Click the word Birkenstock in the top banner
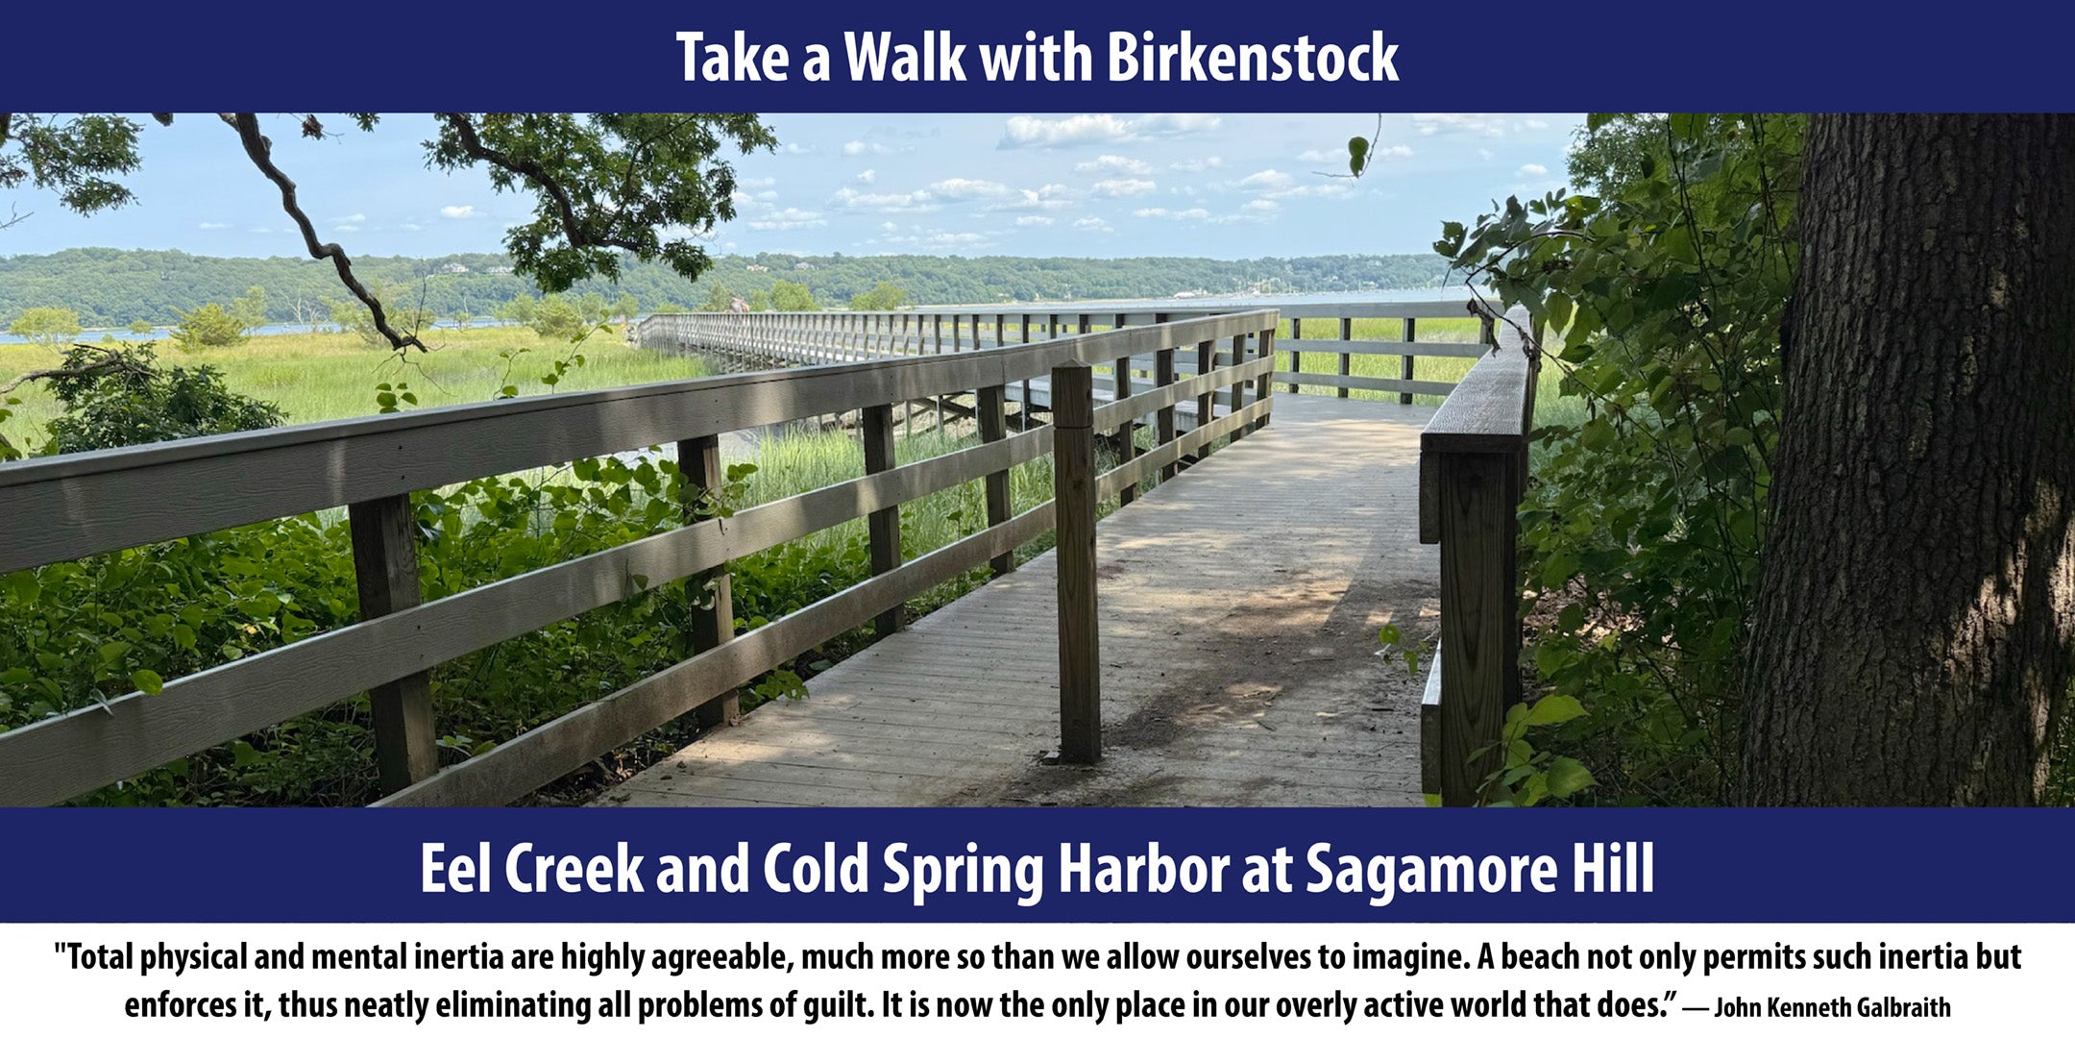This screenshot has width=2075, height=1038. pyautogui.click(x=1252, y=58)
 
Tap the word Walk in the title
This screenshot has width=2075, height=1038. pyautogui.click(x=904, y=58)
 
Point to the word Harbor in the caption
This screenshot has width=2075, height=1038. pyautogui.click(x=1142, y=869)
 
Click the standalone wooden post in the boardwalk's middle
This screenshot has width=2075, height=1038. pyautogui.click(x=1076, y=563)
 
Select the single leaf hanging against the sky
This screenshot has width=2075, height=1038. pyautogui.click(x=1357, y=155)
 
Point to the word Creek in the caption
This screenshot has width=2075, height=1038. pyautogui.click(x=573, y=869)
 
